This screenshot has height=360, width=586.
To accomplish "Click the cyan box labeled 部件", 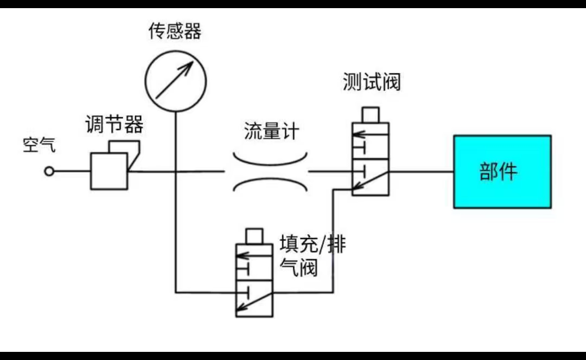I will click(502, 171).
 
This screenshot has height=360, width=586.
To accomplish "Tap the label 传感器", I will click(175, 32).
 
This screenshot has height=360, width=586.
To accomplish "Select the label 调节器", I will click(114, 125).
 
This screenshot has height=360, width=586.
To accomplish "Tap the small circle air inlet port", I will click(49, 171).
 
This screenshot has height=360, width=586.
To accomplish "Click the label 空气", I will click(39, 145).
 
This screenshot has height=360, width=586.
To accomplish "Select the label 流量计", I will click(271, 132).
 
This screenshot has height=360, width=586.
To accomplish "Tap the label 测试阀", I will click(371, 82).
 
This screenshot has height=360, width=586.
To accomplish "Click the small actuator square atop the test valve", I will click(370, 115).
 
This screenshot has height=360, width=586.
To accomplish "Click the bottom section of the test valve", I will click(370, 177).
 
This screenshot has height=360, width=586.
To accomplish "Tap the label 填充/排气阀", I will click(311, 255).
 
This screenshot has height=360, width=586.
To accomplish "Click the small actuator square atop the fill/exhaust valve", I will click(254, 236).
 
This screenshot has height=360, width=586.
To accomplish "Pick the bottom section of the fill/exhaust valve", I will click(254, 298).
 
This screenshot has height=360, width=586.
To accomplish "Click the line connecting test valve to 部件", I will click(421, 171).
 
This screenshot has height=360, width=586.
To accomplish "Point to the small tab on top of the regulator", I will click(124, 147).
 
